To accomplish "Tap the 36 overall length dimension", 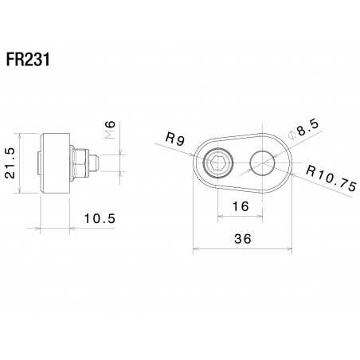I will tap(243, 239).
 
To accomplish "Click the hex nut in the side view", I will tap(81, 163).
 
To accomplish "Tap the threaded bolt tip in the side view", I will tap(93, 163).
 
